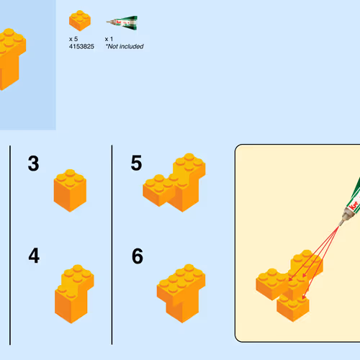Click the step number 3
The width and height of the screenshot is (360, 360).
click(33, 163)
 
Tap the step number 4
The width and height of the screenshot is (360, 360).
click(34, 256)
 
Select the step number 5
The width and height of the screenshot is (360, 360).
click(136, 163)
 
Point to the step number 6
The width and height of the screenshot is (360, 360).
click(138, 256)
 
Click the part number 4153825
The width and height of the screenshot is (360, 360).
click(81, 47)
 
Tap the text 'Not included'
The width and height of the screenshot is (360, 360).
click(125, 47)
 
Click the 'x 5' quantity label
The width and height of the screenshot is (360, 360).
click(73, 39)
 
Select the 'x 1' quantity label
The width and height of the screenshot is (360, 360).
click(109, 39)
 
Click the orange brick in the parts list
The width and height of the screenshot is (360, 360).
click(80, 21)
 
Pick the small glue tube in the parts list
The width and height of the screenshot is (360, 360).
click(122, 23)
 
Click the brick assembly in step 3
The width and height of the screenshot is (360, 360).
click(70, 191)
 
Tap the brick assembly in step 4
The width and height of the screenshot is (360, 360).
click(74, 294)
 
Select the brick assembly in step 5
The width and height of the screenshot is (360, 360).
click(174, 182)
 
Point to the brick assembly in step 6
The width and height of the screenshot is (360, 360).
click(181, 293)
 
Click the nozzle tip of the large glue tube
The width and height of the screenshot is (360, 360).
click(340, 225)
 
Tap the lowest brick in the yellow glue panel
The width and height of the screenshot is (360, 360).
click(293, 308)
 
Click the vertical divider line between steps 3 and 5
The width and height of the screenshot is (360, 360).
click(112, 245)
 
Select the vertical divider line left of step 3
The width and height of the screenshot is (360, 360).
click(10, 245)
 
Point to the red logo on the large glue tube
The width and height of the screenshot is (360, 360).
click(354, 206)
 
